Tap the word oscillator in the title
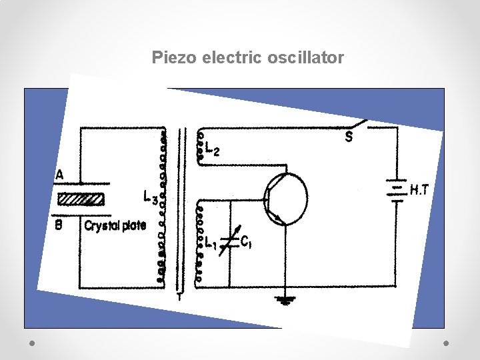[x=305, y=58]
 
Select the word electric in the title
[x=232, y=58]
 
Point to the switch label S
[x=349, y=137]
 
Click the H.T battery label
[x=419, y=190]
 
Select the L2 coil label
[x=213, y=151]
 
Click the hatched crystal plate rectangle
[x=81, y=199]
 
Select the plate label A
[x=60, y=175]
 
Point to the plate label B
[x=59, y=225]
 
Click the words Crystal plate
[x=115, y=226]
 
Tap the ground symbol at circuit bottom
[x=285, y=301]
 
